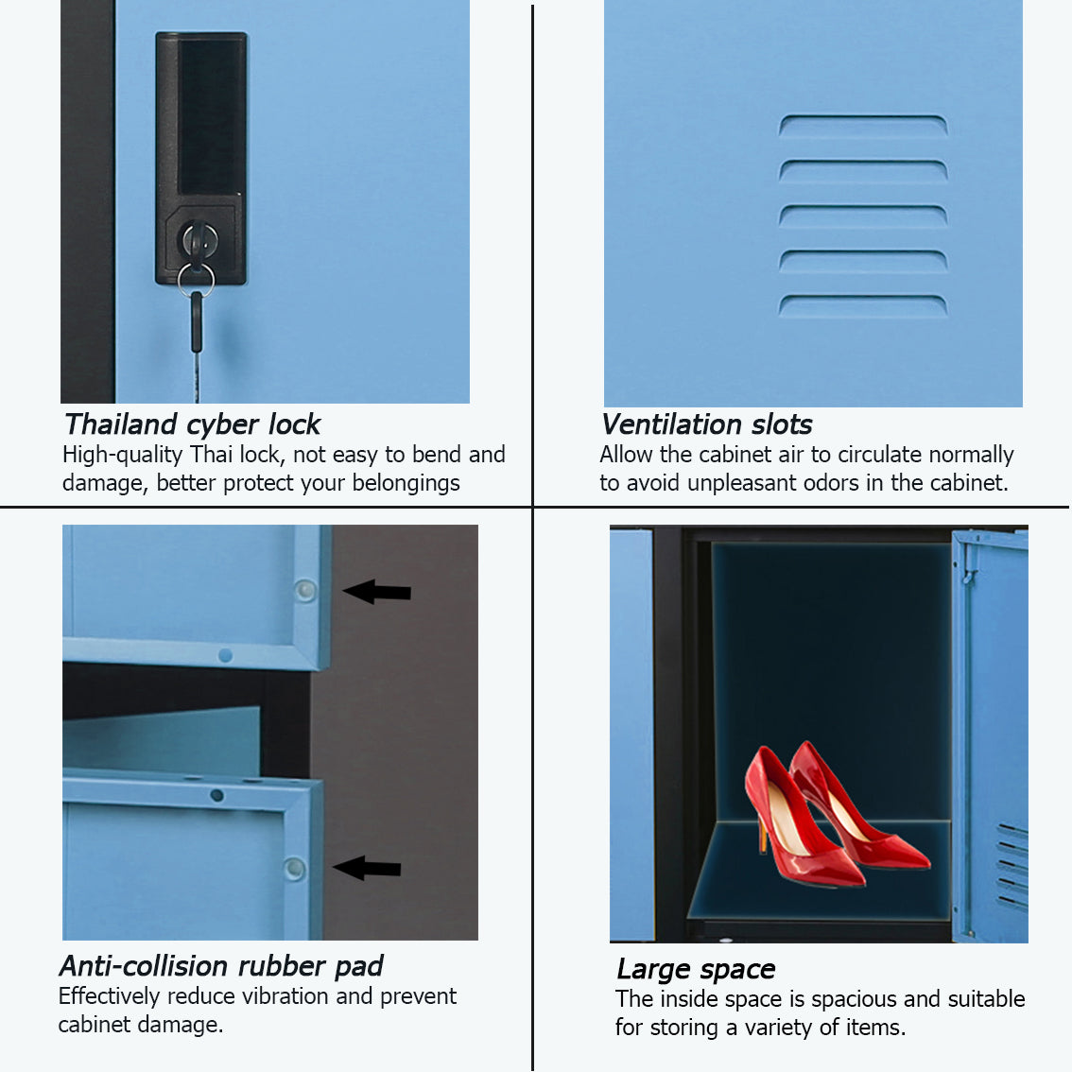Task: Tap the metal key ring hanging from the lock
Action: [x=197, y=280]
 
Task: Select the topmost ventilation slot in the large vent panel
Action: [x=863, y=125]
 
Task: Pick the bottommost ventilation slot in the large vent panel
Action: [x=863, y=305]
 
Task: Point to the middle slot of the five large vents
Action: [x=863, y=216]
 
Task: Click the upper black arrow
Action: [x=376, y=592]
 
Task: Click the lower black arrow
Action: [x=367, y=868]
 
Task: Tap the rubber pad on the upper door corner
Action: [x=305, y=590]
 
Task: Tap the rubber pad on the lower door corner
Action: [x=295, y=868]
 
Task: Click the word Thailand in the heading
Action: [x=120, y=424]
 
